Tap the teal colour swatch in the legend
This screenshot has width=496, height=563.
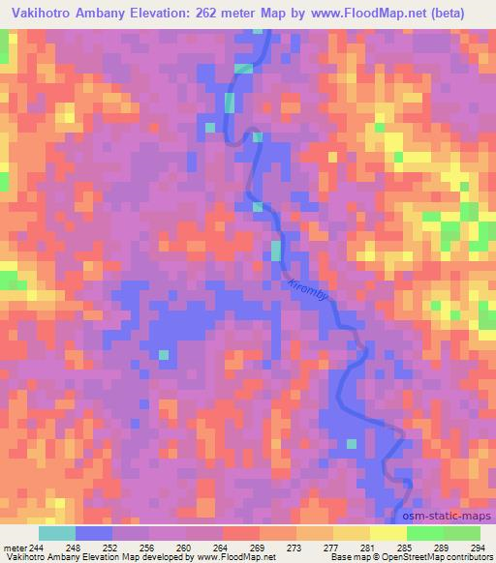pyautogui.click(x=56, y=532)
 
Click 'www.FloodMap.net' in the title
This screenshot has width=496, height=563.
pyautogui.click(x=371, y=14)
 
